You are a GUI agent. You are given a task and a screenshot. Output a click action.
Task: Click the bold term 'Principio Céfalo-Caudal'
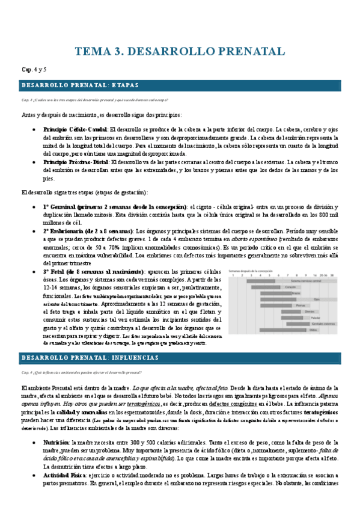[x=75, y=129]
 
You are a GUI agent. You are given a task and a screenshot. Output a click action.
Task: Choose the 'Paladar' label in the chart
[x=313, y=318]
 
